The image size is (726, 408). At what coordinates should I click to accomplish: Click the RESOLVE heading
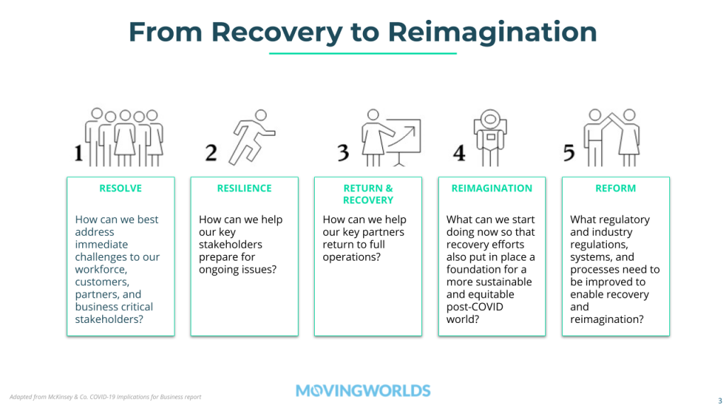click(x=121, y=188)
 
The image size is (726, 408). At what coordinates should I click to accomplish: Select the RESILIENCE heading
click(x=245, y=188)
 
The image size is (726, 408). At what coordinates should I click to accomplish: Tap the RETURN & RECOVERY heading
click(x=368, y=194)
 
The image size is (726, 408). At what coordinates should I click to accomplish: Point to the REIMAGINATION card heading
click(x=492, y=188)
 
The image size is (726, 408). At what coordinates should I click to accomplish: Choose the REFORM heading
click(x=616, y=188)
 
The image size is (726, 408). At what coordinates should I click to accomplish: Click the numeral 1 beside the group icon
click(x=79, y=153)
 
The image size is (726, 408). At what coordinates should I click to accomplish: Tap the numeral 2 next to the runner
click(x=211, y=153)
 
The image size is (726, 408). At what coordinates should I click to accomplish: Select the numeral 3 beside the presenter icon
click(x=343, y=153)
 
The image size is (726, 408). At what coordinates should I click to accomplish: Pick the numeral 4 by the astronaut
click(x=459, y=153)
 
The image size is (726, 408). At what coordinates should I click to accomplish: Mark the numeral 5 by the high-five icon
click(x=569, y=153)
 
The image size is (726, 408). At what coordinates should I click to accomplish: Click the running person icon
click(x=252, y=137)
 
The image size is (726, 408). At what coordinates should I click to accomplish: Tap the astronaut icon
click(x=491, y=137)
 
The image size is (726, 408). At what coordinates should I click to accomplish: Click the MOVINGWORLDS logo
click(x=363, y=391)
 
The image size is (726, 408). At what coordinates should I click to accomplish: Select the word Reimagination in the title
click(x=492, y=33)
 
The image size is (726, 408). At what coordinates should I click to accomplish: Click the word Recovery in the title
click(x=277, y=33)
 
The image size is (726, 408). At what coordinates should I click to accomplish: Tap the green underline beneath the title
click(x=363, y=54)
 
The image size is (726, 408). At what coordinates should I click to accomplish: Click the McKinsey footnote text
click(x=106, y=397)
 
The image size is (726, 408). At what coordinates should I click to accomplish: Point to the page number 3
click(x=720, y=401)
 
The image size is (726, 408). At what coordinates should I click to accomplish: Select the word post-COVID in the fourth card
click(x=474, y=307)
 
